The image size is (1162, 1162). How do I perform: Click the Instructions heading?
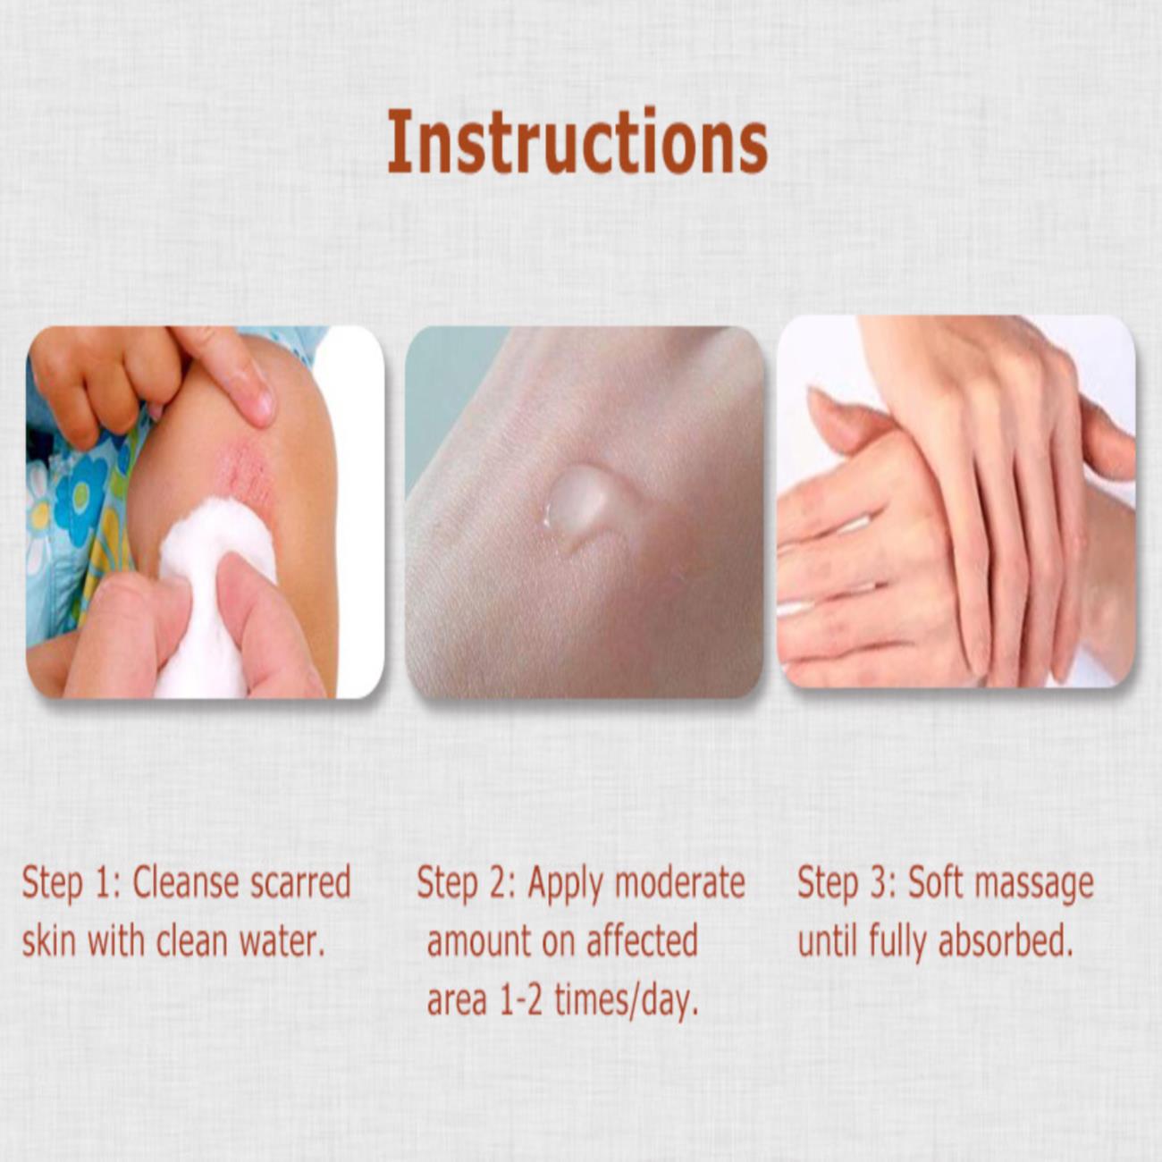[x=577, y=142]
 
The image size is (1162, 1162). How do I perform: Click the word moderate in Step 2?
[x=679, y=885]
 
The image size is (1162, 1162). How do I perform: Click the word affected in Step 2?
[x=642, y=942]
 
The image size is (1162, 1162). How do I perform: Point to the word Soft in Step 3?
[x=933, y=885]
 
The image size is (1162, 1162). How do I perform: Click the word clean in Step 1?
[x=192, y=942]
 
